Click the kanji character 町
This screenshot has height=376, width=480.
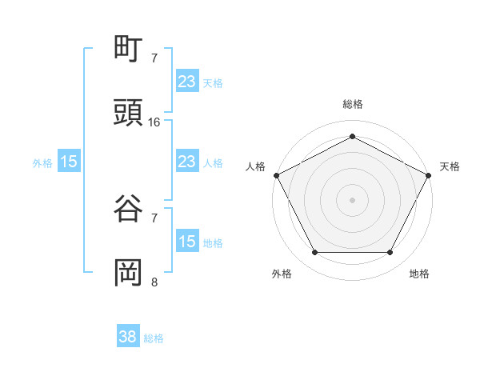[129, 50]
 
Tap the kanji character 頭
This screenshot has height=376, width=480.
[129, 113]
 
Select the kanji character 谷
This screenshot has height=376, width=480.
[129, 209]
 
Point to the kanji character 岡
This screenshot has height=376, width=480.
[129, 272]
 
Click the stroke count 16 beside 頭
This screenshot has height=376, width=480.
[154, 122]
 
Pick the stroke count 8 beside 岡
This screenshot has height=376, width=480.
[154, 281]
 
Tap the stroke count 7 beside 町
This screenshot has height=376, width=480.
[154, 58]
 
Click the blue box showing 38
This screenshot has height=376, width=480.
[128, 337]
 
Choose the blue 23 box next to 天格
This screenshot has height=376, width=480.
[187, 82]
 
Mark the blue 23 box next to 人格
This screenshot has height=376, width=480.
[187, 162]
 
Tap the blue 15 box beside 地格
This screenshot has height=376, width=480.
[187, 242]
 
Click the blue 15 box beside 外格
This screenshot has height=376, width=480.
[69, 162]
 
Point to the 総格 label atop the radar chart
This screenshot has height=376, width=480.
[352, 104]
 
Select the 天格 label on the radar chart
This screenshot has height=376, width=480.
[450, 166]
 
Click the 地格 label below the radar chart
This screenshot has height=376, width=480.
[419, 274]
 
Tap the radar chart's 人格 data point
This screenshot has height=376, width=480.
[276, 174]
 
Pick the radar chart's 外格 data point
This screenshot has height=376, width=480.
[314, 253]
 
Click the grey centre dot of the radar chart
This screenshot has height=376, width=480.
[352, 199]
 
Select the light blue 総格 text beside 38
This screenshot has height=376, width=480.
[154, 338]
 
